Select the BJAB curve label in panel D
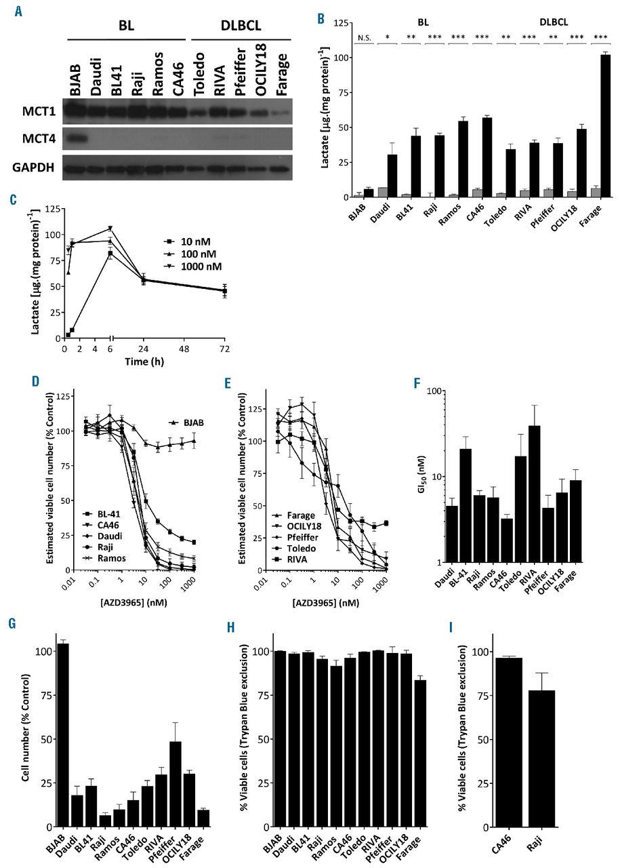point(194,422)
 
